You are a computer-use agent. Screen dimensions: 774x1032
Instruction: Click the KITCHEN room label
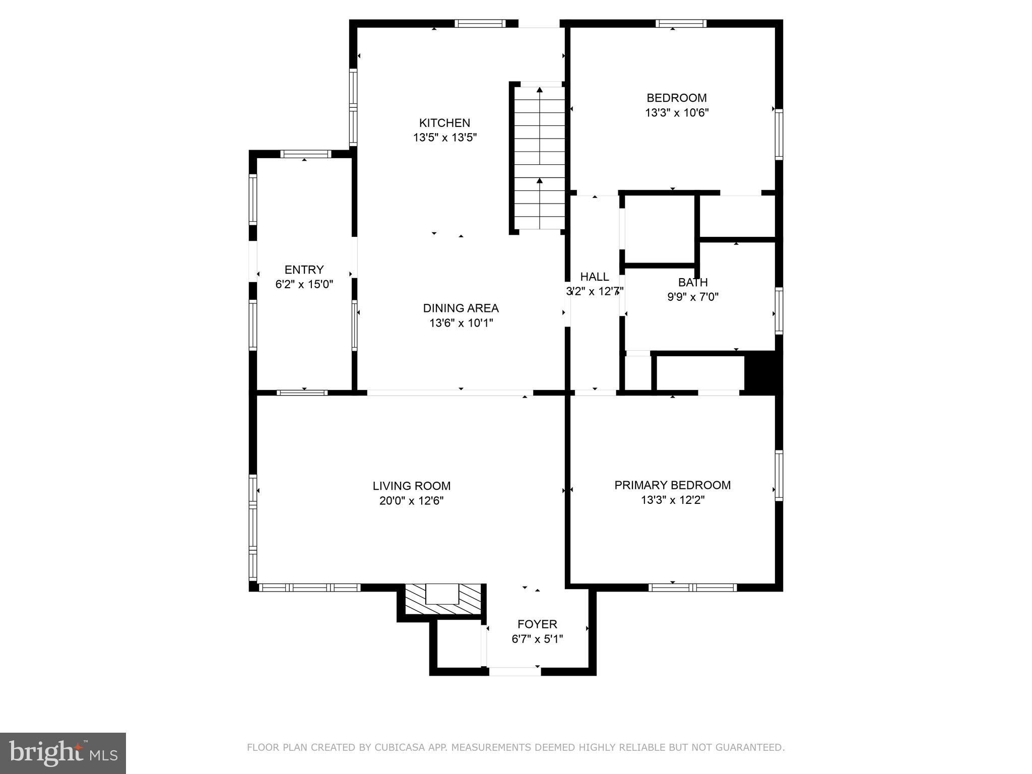(444, 123)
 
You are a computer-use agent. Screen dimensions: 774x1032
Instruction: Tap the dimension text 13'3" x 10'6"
(677, 113)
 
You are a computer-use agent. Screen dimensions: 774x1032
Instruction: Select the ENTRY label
(304, 270)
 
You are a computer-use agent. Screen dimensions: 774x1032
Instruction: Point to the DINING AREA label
(461, 308)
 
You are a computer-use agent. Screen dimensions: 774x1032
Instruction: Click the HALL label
(595, 277)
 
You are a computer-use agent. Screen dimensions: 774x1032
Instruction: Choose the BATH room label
(692, 282)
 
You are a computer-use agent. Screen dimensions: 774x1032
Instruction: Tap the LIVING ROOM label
(411, 486)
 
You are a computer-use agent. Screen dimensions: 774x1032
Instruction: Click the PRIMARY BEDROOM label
(672, 485)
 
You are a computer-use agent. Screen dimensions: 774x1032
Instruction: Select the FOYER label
(537, 624)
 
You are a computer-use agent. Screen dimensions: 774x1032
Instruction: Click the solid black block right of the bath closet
(762, 373)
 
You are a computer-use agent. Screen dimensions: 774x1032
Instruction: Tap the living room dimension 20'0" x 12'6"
(411, 501)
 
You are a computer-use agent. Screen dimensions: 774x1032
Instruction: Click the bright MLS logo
(62, 753)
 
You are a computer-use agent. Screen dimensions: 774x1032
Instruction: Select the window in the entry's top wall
(305, 154)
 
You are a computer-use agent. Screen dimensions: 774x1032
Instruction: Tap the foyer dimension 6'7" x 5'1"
(537, 639)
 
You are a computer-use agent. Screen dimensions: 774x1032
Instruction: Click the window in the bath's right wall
(779, 310)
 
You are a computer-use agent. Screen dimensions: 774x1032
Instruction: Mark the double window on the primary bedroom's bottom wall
(692, 587)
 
